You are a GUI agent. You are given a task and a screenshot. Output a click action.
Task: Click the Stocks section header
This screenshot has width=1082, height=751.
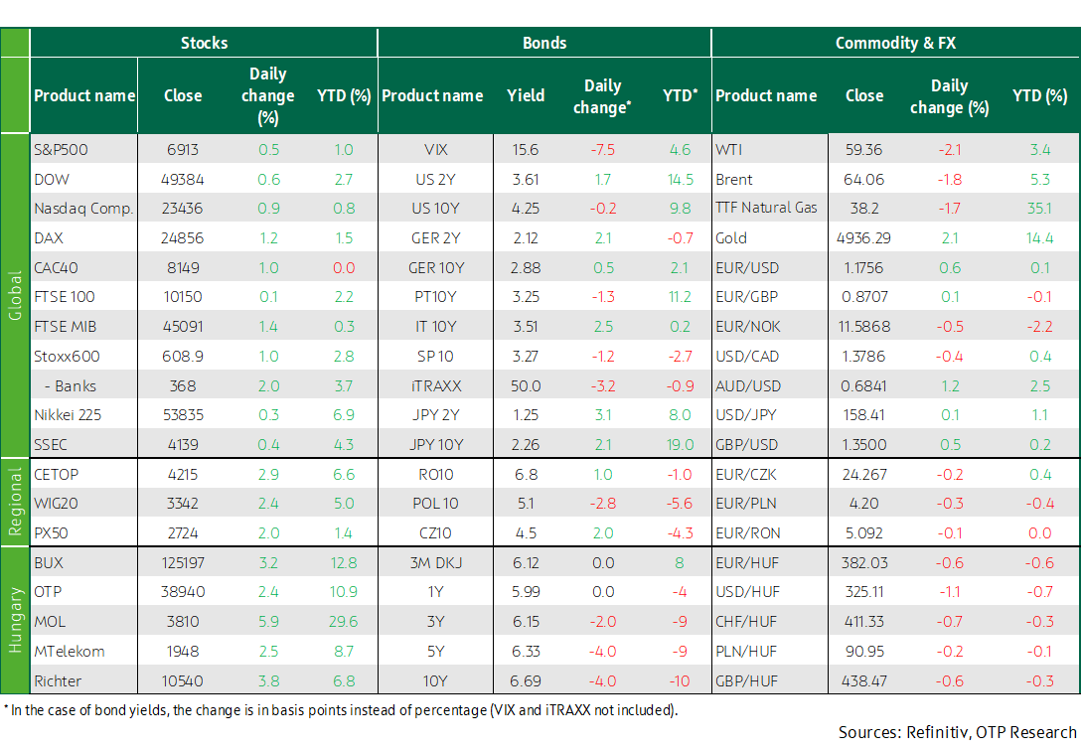click(204, 43)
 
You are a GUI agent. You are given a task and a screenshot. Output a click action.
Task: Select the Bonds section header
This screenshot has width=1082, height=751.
click(544, 43)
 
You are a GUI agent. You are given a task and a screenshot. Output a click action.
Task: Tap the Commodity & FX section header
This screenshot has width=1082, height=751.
click(895, 43)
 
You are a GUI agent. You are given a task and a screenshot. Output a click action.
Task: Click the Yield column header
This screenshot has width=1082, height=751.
click(526, 95)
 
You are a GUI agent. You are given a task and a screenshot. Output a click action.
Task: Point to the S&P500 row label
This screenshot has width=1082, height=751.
click(61, 150)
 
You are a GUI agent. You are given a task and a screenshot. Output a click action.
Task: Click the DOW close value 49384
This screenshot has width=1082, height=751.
click(182, 179)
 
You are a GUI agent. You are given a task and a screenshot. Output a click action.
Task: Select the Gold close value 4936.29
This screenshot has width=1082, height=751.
click(863, 238)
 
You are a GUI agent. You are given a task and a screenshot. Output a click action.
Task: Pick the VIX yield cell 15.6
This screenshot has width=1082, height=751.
click(526, 150)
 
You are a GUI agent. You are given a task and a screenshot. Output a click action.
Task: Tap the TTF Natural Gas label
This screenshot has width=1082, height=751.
click(766, 208)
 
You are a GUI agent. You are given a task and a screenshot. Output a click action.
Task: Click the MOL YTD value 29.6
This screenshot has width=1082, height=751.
click(343, 621)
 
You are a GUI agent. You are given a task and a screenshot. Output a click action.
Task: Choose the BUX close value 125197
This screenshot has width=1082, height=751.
click(182, 562)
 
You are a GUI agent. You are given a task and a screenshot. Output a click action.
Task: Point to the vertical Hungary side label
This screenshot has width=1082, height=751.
click(15, 620)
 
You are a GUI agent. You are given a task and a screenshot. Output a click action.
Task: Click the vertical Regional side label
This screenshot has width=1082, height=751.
click(15, 502)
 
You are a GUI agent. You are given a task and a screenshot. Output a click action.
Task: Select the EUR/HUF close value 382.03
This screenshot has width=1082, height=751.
click(864, 562)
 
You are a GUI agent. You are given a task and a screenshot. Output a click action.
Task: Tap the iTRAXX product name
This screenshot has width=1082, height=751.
click(435, 385)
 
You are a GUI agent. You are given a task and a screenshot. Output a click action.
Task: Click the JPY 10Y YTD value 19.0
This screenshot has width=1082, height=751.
click(680, 445)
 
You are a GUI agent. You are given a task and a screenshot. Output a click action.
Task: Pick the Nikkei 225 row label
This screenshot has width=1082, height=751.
click(68, 415)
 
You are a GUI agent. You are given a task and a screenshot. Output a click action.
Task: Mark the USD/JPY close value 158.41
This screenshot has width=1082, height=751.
click(864, 415)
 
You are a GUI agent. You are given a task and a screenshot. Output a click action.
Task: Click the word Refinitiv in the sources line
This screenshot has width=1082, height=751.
click(936, 732)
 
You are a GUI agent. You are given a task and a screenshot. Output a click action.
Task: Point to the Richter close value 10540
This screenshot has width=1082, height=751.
click(182, 681)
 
